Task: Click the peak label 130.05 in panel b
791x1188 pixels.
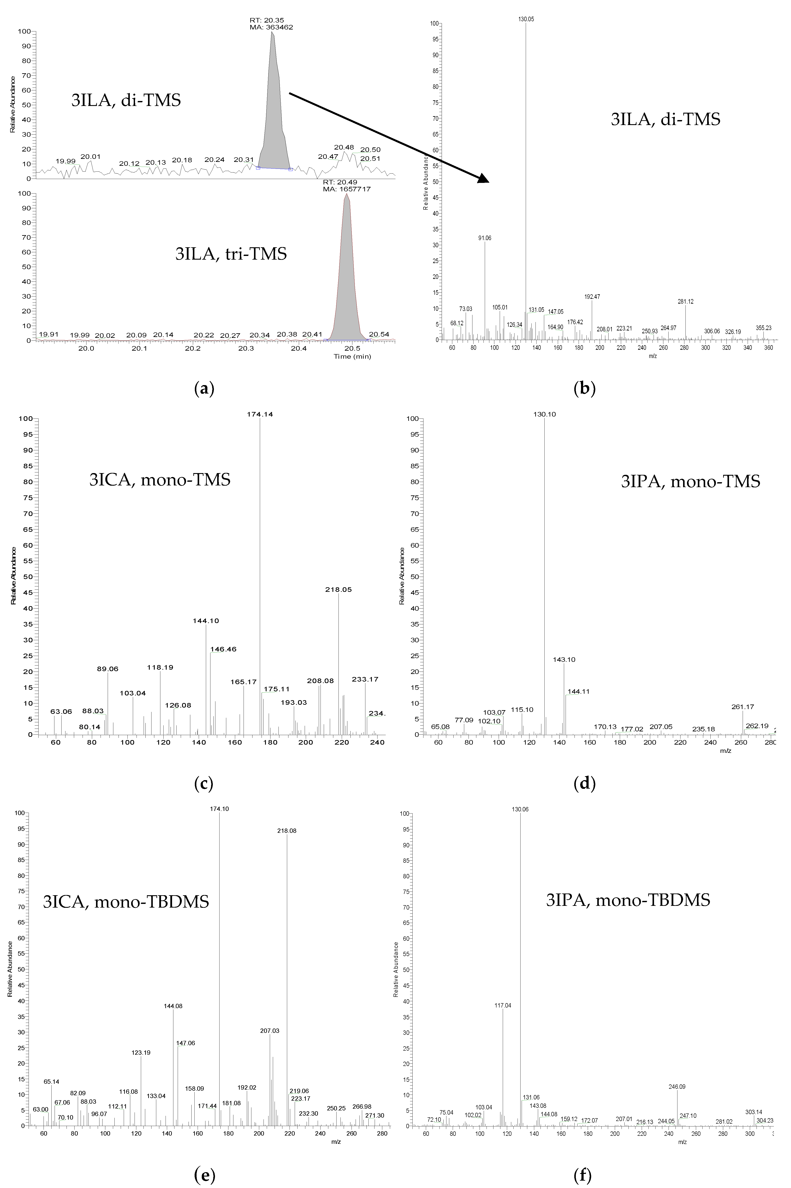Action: (x=526, y=19)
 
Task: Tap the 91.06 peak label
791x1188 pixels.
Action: (x=485, y=238)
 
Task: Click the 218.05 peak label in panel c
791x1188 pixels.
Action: (x=339, y=589)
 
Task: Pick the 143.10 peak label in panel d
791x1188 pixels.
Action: (x=564, y=659)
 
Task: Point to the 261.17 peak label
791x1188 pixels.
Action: (x=743, y=707)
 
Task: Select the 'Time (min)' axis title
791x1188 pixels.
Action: (x=352, y=357)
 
